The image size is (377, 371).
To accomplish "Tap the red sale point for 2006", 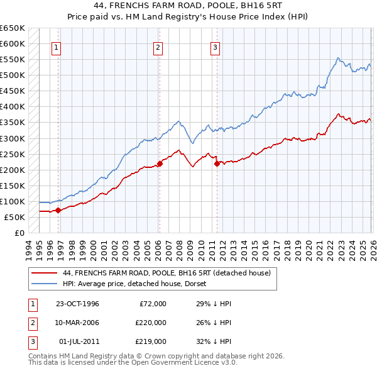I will click(160, 163).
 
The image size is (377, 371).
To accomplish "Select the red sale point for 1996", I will click(58, 211).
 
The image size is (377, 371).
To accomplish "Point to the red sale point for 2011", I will click(217, 163).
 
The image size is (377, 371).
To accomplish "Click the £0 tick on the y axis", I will click(19, 233).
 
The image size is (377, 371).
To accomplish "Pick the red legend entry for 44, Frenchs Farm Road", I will click(167, 273).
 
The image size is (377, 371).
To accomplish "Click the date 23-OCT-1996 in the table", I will click(77, 304).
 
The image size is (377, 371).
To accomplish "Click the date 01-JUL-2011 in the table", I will click(77, 341).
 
